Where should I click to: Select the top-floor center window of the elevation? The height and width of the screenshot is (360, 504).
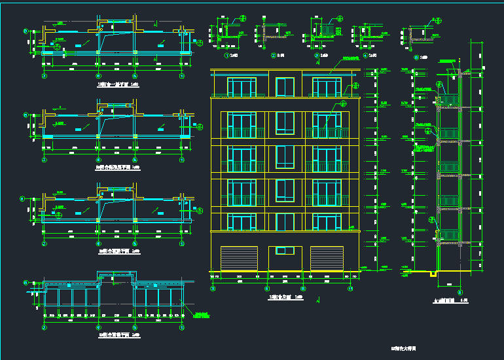click(x=285, y=87)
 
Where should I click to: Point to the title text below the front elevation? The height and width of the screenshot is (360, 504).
click(x=285, y=297)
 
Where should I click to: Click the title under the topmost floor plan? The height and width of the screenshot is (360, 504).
click(x=118, y=84)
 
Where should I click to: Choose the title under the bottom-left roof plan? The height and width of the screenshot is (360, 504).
click(x=118, y=335)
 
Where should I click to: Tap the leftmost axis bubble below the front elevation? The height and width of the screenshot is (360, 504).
click(x=213, y=288)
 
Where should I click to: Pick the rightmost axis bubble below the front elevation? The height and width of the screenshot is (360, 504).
click(x=350, y=288)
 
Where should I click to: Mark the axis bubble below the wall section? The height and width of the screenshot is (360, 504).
click(x=459, y=292)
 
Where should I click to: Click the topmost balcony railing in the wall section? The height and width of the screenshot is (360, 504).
click(x=449, y=99)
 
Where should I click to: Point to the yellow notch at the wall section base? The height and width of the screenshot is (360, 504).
click(x=434, y=273)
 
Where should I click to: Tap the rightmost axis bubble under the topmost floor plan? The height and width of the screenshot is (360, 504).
click(x=181, y=76)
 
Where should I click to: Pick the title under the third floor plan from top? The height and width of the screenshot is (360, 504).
click(x=118, y=251)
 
